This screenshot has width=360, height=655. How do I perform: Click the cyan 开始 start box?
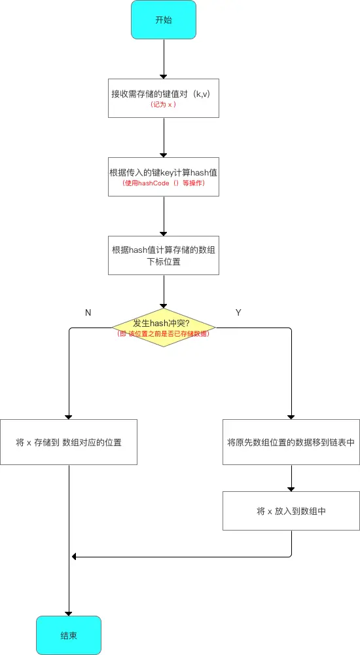[x=164, y=19]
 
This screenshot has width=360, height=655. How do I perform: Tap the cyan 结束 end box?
[x=69, y=635]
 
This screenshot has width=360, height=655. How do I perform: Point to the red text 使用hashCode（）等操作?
[x=163, y=183]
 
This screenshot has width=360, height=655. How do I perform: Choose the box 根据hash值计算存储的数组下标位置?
[x=163, y=255]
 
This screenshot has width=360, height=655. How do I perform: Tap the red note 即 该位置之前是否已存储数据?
[x=163, y=333]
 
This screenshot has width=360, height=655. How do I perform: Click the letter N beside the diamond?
[x=88, y=312]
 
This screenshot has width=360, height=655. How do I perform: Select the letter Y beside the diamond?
[x=238, y=312]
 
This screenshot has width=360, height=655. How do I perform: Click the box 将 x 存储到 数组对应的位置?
[x=69, y=442]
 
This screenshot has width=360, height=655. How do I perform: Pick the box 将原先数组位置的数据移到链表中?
[x=291, y=442]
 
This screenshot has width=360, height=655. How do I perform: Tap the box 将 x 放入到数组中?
[x=291, y=511]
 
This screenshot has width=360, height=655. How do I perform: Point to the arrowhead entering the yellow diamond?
[x=164, y=303]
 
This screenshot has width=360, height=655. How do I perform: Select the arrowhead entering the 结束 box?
[x=69, y=612]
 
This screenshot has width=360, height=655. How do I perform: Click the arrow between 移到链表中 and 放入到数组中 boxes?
[x=291, y=478]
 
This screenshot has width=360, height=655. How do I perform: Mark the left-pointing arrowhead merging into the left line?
[x=75, y=557]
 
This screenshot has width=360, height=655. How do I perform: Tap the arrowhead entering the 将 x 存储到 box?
[x=69, y=415]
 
